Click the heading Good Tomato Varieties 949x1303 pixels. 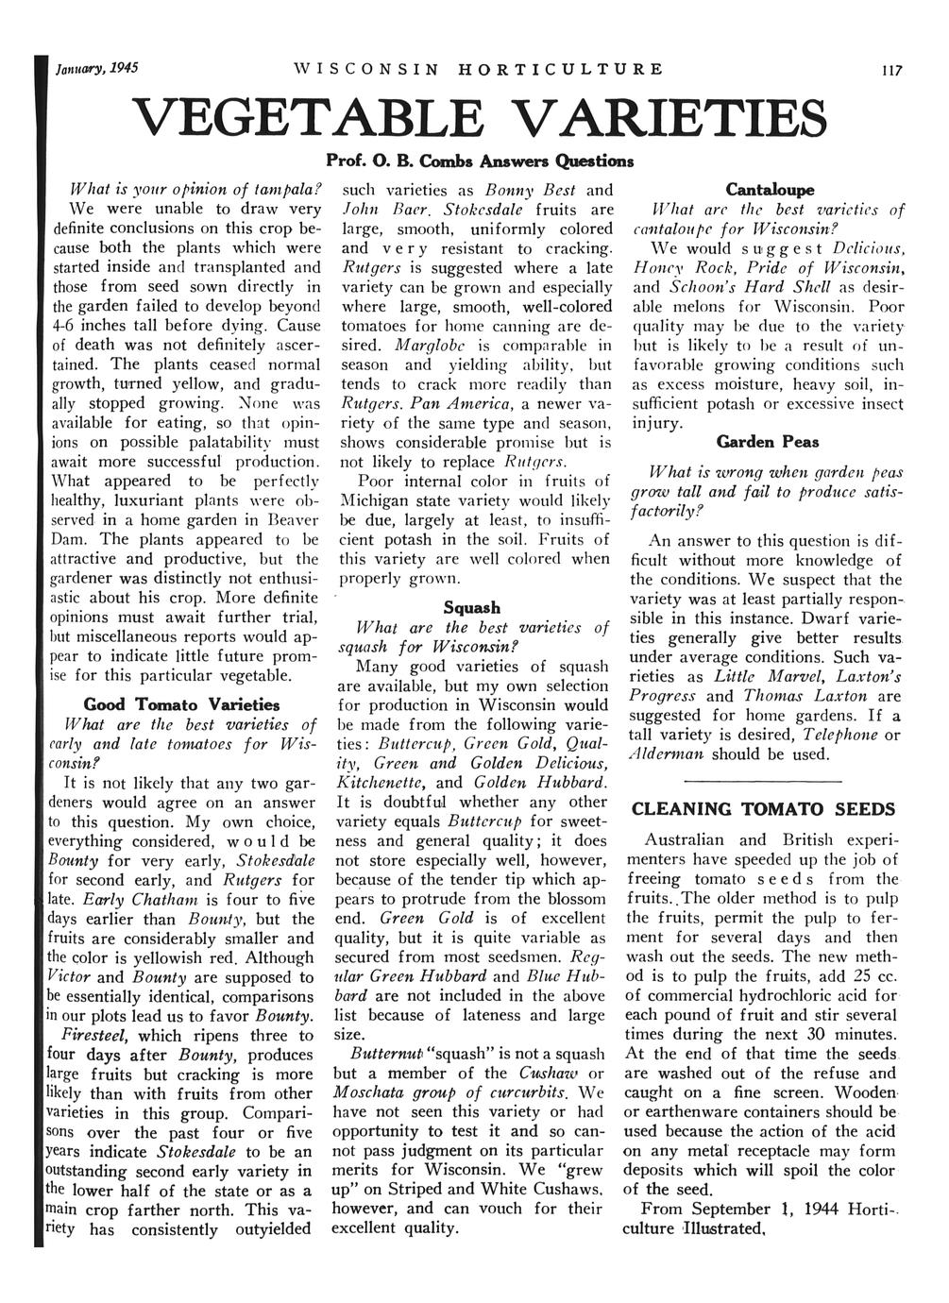pos(181,703)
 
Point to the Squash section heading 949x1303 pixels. pos(471,607)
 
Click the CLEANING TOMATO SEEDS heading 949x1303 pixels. pos(762,809)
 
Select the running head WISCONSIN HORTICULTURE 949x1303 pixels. pos(478,69)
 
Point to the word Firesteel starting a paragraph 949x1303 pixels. pos(100,1035)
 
